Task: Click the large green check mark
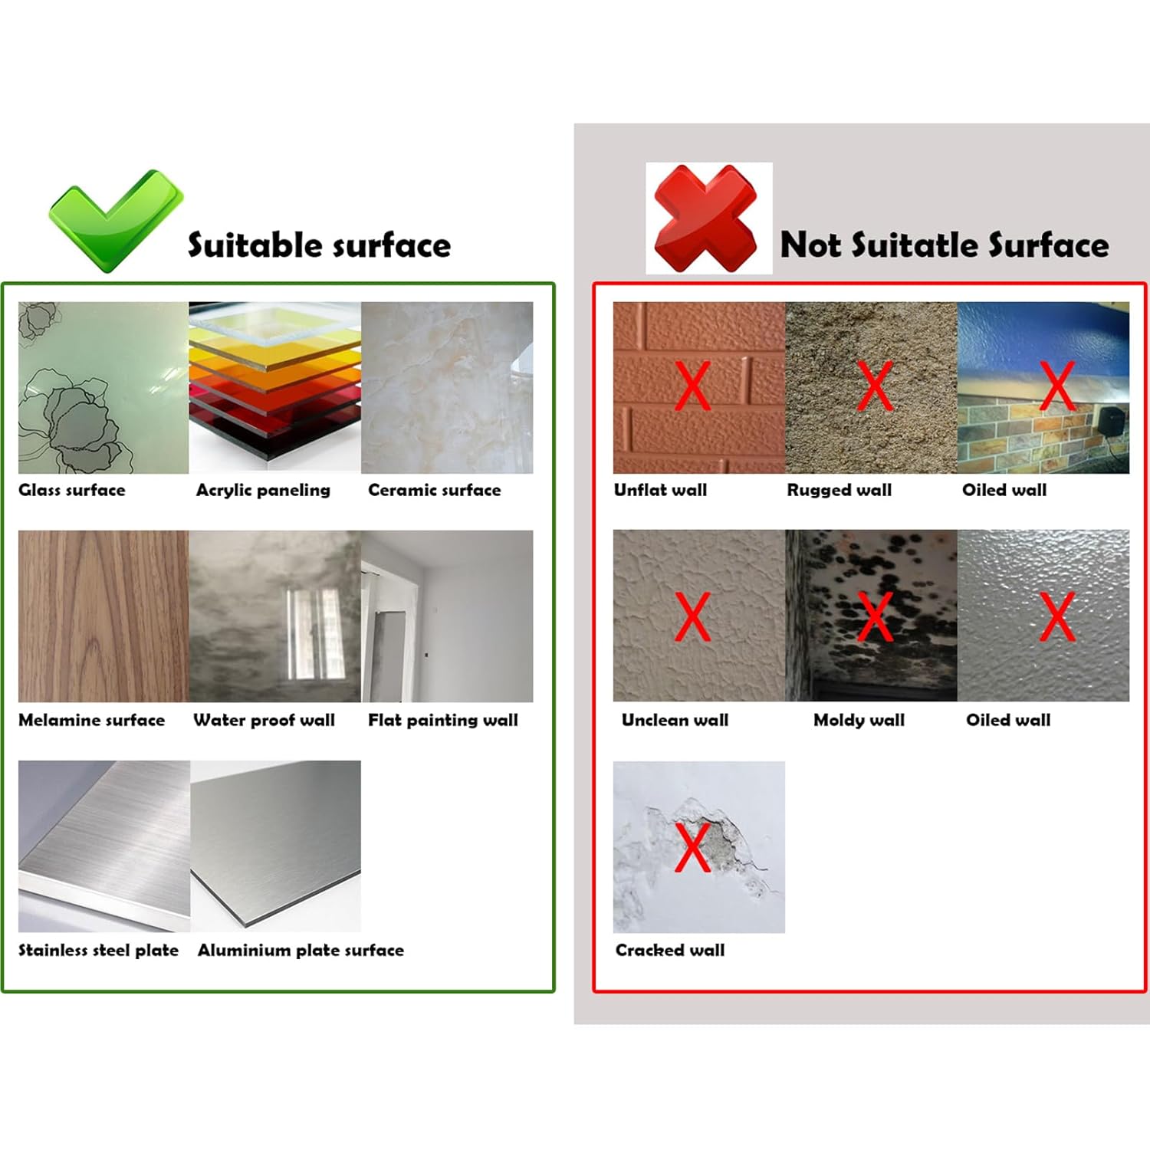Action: (115, 221)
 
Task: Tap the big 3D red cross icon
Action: (706, 218)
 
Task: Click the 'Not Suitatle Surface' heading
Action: (944, 245)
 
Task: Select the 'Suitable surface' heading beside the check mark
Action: (319, 245)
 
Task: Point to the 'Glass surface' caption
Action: (72, 491)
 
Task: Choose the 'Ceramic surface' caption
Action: (434, 491)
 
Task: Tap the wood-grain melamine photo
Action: (103, 616)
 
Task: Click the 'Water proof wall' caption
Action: (264, 721)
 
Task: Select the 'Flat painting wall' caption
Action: (442, 721)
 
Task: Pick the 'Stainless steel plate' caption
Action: (98, 951)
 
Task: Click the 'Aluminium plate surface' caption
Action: (301, 951)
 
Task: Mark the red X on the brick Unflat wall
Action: (693, 386)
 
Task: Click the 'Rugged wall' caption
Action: (839, 491)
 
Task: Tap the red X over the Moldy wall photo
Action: (875, 616)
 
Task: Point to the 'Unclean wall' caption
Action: (675, 721)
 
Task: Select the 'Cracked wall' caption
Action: (669, 951)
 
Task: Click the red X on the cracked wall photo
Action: (692, 846)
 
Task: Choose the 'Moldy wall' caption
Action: (859, 721)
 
